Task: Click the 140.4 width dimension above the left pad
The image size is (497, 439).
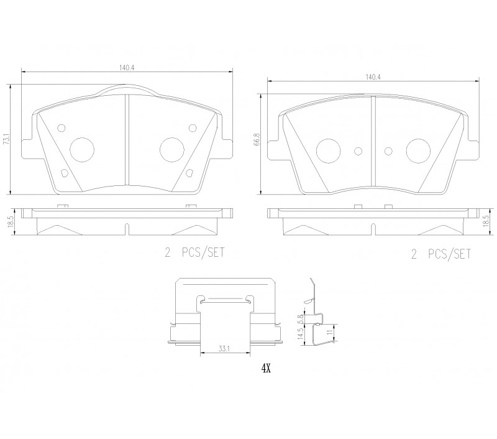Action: (x=127, y=68)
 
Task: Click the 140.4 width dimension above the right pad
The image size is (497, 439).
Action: (x=373, y=77)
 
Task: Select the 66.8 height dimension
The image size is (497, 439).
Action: (x=257, y=139)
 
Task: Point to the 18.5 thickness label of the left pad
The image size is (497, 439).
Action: (x=11, y=221)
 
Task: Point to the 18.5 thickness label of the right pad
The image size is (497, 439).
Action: (x=485, y=219)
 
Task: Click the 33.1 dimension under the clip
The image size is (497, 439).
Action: (x=224, y=349)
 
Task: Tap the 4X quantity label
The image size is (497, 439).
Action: (x=266, y=368)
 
